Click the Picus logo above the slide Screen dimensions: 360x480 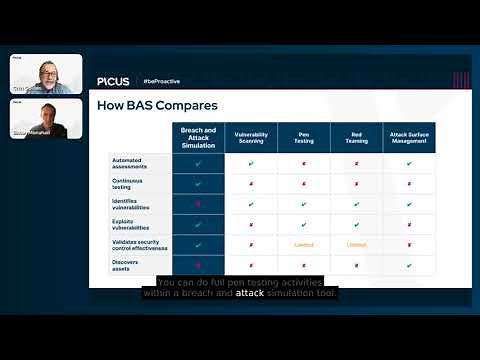point(113,80)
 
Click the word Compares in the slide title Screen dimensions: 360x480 point(187,105)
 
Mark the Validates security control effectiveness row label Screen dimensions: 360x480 point(139,244)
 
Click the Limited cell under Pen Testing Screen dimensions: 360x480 point(304,244)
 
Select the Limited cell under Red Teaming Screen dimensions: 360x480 point(357,244)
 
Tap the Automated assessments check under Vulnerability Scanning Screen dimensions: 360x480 point(251,162)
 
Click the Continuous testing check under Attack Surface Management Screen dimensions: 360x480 point(410,183)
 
